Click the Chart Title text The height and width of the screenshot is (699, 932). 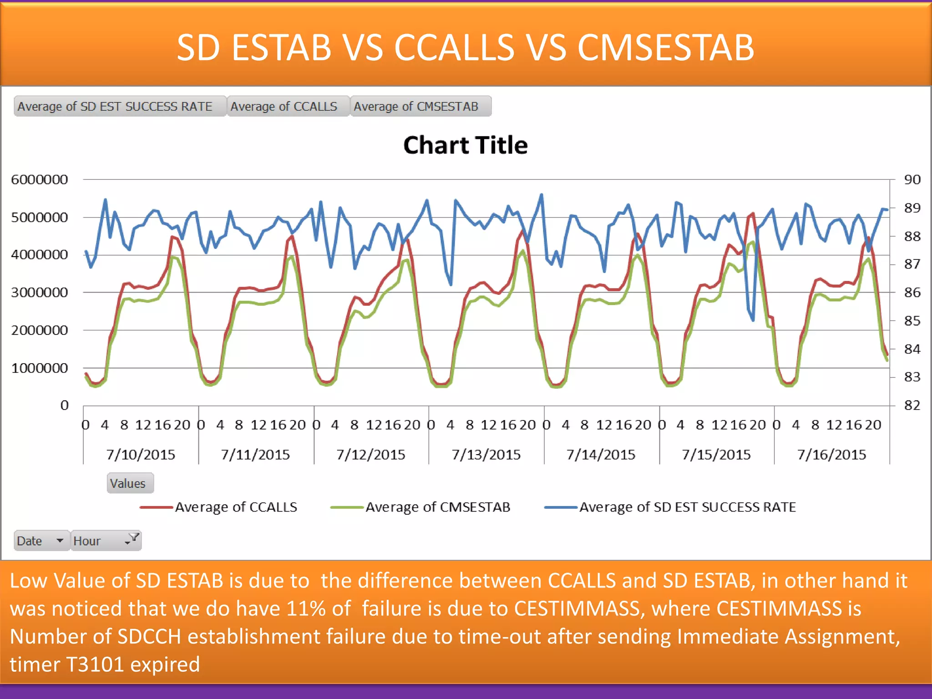465,146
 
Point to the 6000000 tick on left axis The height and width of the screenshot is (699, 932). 40,180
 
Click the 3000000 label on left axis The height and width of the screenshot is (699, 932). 40,293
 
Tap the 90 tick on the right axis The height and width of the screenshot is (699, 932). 912,180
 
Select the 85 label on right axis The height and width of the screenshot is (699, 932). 912,321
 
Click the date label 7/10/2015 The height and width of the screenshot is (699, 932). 141,455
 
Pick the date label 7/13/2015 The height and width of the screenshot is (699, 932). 486,455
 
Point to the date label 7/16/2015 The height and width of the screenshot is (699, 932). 831,455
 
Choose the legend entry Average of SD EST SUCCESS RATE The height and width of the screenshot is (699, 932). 687,507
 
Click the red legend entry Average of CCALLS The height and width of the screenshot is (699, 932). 236,507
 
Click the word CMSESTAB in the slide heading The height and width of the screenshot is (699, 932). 665,47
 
